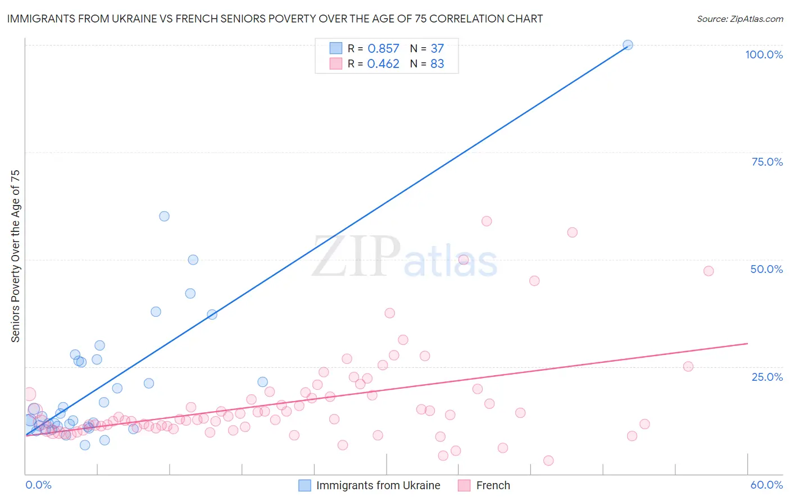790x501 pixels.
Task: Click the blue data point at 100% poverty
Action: [628, 45]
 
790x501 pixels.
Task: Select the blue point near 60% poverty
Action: [164, 216]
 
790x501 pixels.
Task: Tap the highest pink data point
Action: [487, 221]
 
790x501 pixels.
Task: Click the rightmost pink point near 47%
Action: [709, 271]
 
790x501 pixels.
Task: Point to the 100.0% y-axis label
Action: [764, 54]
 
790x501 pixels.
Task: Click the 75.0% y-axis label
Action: [767, 162]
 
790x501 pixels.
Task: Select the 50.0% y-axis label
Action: [766, 269]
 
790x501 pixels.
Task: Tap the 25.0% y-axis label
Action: [767, 376]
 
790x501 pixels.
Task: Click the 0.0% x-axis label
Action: [39, 485]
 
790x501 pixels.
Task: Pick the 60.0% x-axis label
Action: [766, 485]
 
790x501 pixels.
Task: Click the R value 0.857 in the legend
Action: [383, 49]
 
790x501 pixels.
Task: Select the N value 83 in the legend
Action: [437, 64]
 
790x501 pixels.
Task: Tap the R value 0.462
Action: [383, 64]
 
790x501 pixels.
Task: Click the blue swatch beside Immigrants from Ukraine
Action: [305, 485]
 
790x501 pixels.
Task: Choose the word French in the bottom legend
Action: [493, 485]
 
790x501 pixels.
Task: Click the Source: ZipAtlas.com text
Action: [739, 19]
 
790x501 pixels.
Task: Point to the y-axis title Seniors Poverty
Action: [16, 256]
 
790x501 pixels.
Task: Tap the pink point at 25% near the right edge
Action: [688, 367]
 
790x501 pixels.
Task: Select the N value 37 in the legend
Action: [437, 49]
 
